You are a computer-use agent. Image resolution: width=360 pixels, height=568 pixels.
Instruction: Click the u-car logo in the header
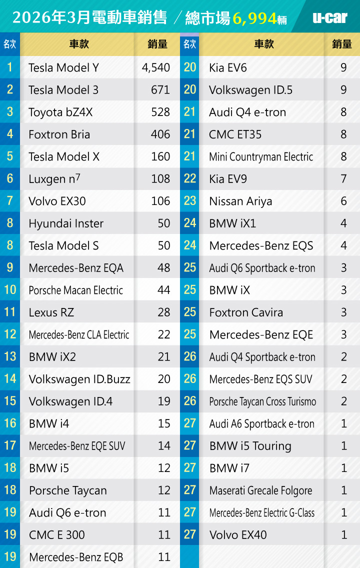[x=329, y=17]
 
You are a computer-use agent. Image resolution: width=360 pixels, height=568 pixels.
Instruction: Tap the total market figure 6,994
[x=254, y=19]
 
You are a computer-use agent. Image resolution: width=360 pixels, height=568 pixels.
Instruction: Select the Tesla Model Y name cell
[x=63, y=67]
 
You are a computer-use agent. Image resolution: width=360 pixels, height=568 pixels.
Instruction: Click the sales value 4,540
[x=156, y=67]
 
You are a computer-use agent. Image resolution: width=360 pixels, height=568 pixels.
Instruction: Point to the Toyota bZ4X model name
[x=60, y=112]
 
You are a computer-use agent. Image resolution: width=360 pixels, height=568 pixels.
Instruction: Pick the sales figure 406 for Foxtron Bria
[x=160, y=134]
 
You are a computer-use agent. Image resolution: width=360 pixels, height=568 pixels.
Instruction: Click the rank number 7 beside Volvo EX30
[x=10, y=201]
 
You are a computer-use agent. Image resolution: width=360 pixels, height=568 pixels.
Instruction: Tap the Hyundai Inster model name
[x=66, y=223]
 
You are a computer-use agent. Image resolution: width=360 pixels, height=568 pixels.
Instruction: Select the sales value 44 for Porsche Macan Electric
[x=163, y=290]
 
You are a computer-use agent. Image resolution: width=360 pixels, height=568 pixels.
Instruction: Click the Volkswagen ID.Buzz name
[x=79, y=379]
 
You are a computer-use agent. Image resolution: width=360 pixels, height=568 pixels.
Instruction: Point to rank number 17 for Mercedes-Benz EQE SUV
[x=10, y=445]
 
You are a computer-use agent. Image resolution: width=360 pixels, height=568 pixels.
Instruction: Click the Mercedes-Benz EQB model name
[x=76, y=557]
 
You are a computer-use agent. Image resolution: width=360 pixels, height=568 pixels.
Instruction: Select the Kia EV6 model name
[x=228, y=67]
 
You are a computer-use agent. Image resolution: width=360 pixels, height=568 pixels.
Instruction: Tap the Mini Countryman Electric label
[x=261, y=156]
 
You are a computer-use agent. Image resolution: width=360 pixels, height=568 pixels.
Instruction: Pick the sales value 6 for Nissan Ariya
[x=343, y=201]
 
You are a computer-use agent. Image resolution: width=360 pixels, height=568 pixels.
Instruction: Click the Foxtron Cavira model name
[x=246, y=312]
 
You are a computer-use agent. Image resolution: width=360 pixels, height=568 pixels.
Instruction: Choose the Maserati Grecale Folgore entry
[x=260, y=490]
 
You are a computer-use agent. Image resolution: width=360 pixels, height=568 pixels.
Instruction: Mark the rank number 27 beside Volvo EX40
[x=190, y=534]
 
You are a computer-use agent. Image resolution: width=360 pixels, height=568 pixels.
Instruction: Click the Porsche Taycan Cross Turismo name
[x=262, y=401]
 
